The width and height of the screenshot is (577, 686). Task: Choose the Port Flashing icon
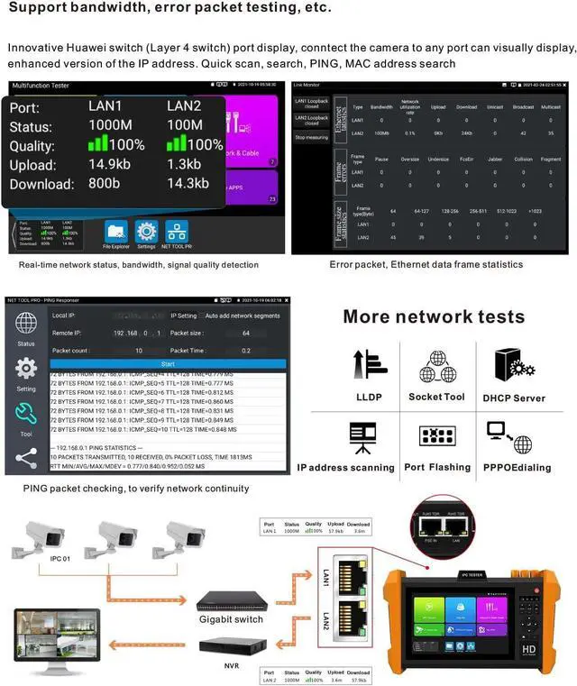437,437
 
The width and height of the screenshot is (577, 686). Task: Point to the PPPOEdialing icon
510,436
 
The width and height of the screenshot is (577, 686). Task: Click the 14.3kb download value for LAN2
188,184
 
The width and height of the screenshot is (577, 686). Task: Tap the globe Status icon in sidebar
26,325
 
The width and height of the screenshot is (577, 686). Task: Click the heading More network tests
434,316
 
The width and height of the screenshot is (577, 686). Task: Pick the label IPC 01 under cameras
59,569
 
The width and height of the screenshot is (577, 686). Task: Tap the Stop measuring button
311,137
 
